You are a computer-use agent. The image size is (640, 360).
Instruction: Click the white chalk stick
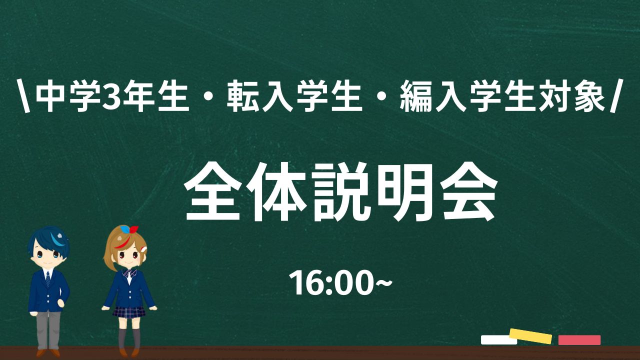click(498, 339)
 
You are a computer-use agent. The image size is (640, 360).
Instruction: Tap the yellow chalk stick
click(530, 336)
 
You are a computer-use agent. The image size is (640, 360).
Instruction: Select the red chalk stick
click(579, 340)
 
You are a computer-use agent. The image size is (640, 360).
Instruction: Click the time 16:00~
click(340, 283)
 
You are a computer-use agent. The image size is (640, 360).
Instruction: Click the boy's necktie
click(48, 279)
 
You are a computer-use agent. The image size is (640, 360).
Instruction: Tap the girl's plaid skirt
click(129, 312)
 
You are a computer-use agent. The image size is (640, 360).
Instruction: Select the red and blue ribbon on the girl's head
click(129, 229)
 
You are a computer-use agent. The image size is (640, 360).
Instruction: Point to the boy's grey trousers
click(48, 330)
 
